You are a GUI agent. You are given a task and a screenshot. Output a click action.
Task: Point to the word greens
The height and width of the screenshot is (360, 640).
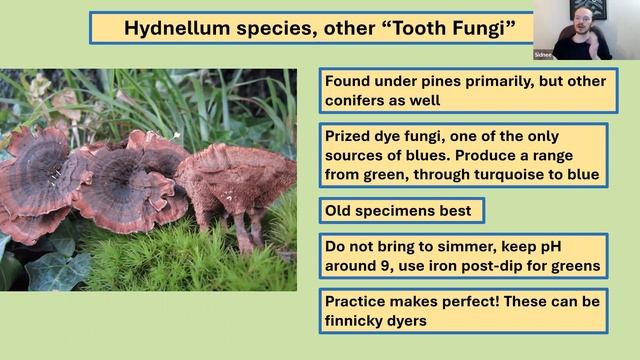pyautogui.click(x=576, y=267)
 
